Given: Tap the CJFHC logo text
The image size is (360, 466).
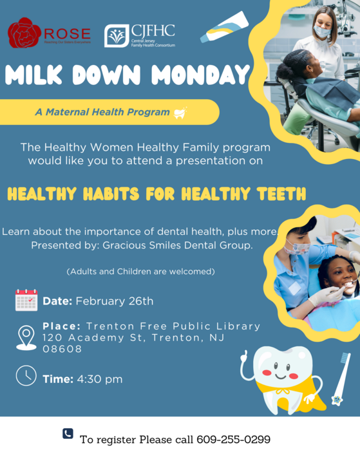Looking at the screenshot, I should [x=153, y=30].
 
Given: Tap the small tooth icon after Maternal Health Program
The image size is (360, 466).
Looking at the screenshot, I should [x=180, y=113].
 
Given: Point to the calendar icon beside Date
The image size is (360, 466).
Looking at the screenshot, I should [x=26, y=300].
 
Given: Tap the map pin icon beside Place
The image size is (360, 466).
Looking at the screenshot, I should [x=26, y=337].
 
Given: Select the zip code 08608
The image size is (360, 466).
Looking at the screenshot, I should [x=62, y=349].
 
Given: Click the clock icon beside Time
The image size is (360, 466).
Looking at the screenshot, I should [x=26, y=376].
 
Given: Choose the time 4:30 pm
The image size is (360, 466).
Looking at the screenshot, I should [x=100, y=379].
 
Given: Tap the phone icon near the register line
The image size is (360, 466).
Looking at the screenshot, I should [x=68, y=434].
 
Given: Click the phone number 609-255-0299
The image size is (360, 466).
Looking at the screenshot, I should [x=234, y=440].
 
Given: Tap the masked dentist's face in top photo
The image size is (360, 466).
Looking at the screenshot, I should [x=322, y=28].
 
